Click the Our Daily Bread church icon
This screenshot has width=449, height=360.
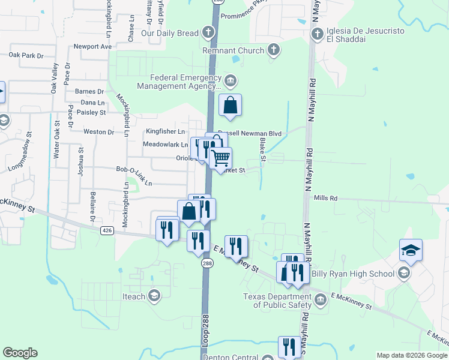pyautogui.click(x=208, y=32)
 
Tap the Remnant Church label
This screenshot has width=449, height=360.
pyautogui.click(x=234, y=50)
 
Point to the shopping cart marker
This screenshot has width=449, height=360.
pyautogui.click(x=221, y=158)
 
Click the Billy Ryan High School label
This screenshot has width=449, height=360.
pyautogui.click(x=360, y=274)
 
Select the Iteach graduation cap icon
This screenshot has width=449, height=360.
pyautogui.click(x=154, y=295)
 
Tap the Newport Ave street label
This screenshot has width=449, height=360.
pyautogui.click(x=93, y=46)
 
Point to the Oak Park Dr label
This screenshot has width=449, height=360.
pyautogui.click(x=26, y=56)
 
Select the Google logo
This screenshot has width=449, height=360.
pyautogui.click(x=20, y=353)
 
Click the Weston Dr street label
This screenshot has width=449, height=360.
pyautogui.click(x=98, y=132)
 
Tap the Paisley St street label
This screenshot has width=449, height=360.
pyautogui.click(x=91, y=112)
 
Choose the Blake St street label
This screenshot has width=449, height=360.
pyautogui.click(x=262, y=148)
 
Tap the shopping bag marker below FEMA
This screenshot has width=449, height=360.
pyautogui.click(x=231, y=106)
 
